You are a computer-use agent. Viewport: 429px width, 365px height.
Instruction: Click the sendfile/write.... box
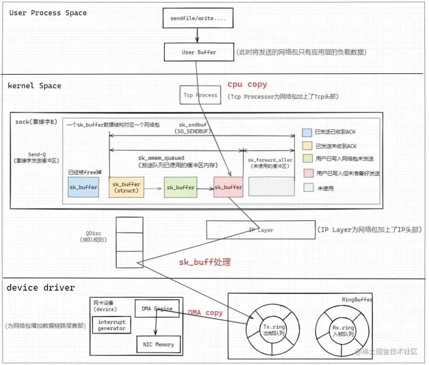(198, 19)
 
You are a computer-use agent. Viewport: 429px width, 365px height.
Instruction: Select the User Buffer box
(199, 52)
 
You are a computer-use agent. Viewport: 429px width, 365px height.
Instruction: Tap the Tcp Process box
(200, 95)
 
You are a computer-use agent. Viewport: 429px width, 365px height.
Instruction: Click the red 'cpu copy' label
(247, 84)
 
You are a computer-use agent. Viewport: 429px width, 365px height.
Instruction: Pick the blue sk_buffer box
(83, 187)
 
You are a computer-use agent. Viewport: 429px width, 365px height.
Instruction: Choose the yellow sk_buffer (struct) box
(126, 187)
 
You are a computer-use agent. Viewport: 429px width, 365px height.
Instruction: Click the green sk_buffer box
(180, 187)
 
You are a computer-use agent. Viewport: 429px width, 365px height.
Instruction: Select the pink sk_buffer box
(228, 187)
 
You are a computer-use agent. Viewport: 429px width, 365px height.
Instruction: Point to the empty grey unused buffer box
(271, 186)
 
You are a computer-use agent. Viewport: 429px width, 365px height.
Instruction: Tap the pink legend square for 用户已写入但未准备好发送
(308, 173)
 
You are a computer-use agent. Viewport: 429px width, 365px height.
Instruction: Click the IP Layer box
(261, 230)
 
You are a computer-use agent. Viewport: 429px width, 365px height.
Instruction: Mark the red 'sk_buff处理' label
(205, 262)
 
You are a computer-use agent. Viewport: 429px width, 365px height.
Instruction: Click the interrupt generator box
(112, 325)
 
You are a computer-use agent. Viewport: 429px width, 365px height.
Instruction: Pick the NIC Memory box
(158, 344)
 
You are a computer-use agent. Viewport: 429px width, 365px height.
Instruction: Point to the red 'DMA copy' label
(205, 313)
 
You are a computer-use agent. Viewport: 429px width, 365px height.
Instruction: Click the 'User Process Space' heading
(48, 13)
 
